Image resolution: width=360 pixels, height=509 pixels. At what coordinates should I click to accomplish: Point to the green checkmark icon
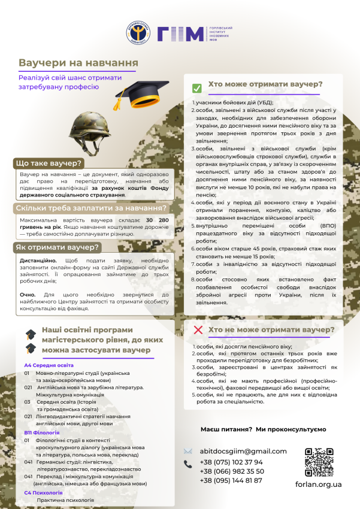pos(196,88)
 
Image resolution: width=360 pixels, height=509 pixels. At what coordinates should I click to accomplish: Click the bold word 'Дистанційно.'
pos(39,260)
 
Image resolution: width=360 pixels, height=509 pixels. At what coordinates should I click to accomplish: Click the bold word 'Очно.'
pos(28,295)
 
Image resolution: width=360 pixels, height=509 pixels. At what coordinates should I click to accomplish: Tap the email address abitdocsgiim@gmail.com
pos(243,451)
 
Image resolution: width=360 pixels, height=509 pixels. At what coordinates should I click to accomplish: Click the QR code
pos(319,461)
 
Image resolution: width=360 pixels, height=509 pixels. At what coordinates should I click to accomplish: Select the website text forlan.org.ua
pos(319,484)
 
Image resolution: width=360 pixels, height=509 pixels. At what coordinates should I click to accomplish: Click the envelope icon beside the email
pos(188,451)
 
